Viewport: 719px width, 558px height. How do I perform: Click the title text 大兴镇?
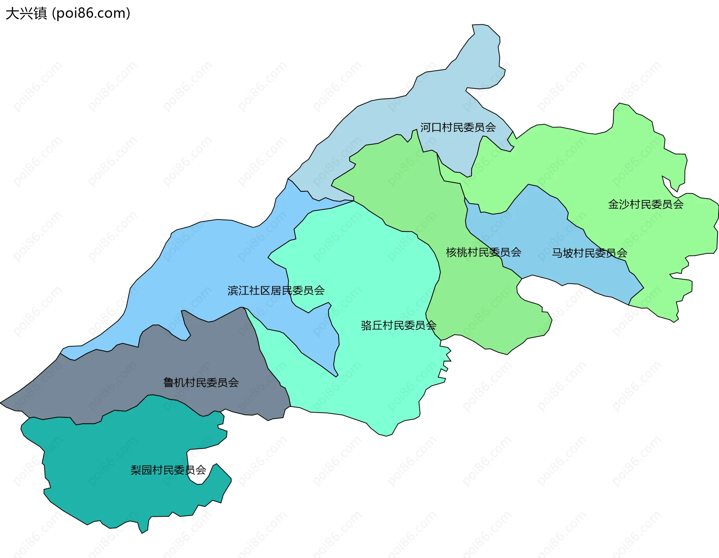click(26, 13)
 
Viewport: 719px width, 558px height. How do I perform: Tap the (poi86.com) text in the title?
click(91, 13)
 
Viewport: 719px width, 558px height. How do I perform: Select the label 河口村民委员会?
click(458, 127)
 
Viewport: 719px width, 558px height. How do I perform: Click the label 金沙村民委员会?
click(646, 204)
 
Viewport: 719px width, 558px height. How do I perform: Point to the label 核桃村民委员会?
click(483, 252)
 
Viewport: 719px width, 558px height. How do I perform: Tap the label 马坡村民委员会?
click(589, 253)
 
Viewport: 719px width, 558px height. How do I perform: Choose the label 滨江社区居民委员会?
click(276, 290)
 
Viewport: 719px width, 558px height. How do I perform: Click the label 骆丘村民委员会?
click(398, 325)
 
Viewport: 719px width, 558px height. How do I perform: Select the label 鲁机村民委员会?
click(201, 383)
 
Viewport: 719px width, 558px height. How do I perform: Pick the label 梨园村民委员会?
click(168, 470)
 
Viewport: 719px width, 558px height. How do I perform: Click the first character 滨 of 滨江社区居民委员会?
click(233, 290)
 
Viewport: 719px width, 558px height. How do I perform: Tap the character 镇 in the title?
click(40, 13)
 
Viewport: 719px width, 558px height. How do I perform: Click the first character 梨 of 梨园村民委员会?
click(136, 470)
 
